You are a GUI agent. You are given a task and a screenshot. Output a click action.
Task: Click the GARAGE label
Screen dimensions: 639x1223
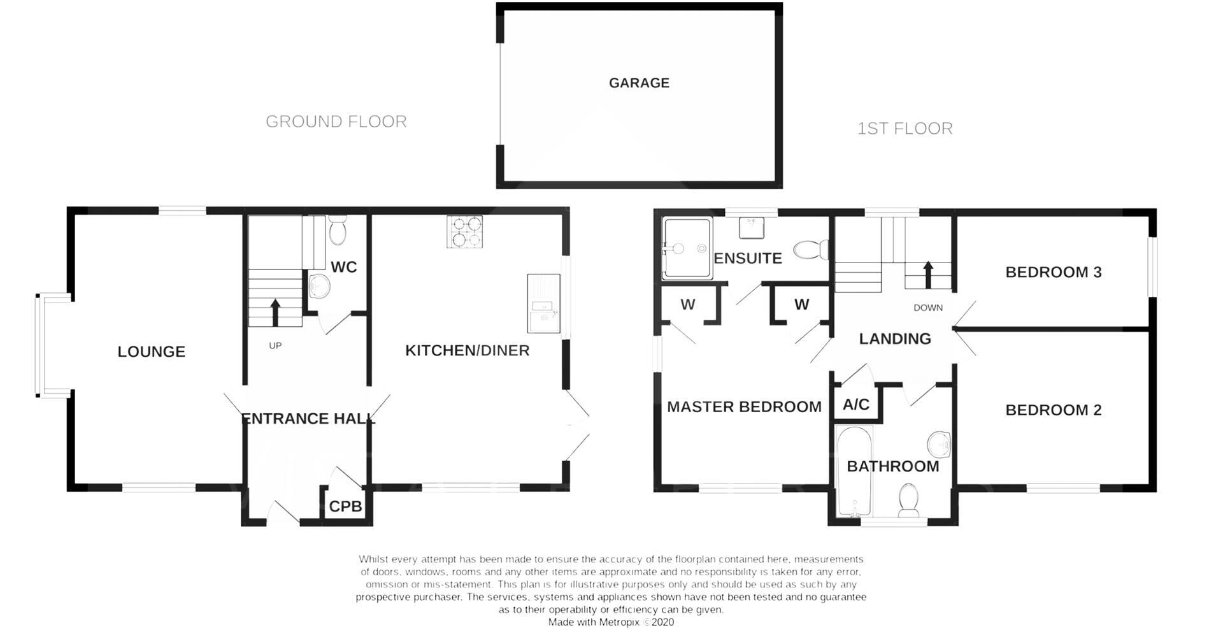click(639, 83)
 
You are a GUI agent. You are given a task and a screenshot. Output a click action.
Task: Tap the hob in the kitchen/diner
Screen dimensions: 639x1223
click(464, 231)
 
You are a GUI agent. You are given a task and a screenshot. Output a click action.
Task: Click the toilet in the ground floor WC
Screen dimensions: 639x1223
click(337, 231)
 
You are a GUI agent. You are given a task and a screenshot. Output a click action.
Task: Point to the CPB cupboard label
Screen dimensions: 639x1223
click(345, 506)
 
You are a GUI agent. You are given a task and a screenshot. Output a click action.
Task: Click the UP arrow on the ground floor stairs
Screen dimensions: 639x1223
click(275, 312)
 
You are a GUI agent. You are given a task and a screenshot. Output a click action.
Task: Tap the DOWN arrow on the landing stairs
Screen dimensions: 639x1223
click(928, 273)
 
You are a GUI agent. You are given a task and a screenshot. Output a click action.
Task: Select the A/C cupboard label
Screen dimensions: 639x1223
click(855, 405)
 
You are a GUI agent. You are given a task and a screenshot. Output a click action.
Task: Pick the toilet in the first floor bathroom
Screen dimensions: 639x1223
click(908, 500)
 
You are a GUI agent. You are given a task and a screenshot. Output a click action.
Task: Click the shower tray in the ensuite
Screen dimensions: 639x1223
click(687, 248)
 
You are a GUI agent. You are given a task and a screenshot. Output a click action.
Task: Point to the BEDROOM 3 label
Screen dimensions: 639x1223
click(1053, 272)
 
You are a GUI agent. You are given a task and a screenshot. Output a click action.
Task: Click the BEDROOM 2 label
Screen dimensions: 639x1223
click(1053, 410)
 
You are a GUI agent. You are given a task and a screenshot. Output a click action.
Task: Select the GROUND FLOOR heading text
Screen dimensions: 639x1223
click(336, 122)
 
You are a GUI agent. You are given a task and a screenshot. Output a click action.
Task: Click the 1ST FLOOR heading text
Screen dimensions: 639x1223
click(905, 129)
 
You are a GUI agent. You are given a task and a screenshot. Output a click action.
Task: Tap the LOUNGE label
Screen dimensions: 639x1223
click(151, 352)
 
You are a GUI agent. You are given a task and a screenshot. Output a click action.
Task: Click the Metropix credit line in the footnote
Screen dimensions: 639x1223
click(611, 622)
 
